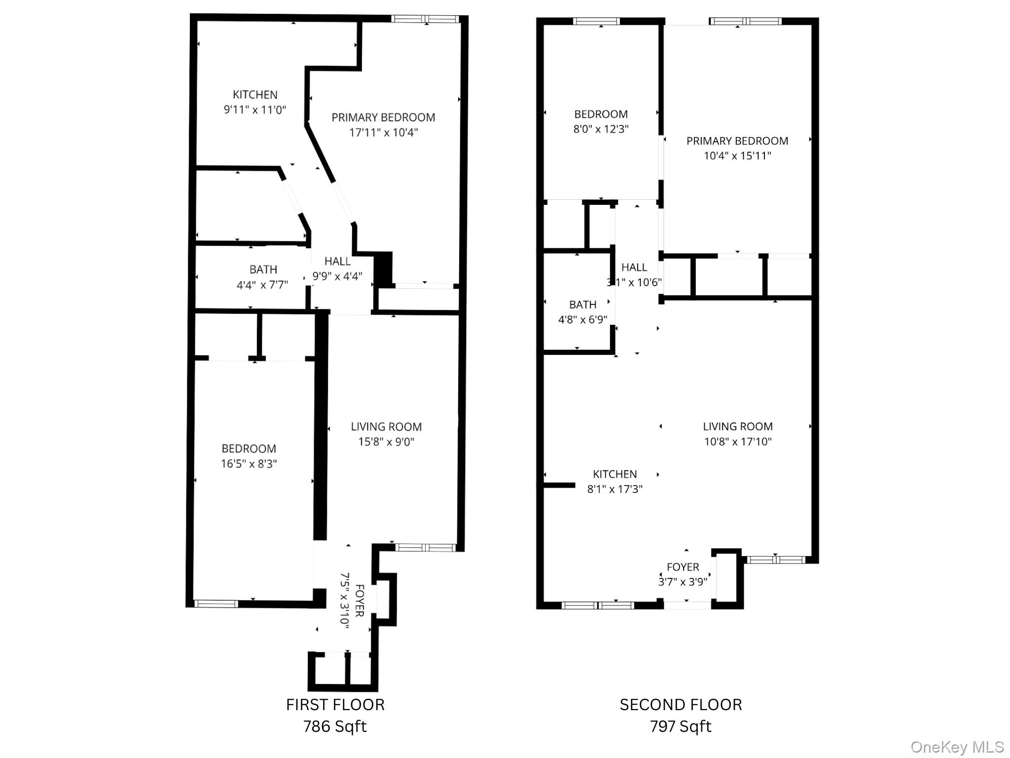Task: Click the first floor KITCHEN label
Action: pyautogui.click(x=255, y=94)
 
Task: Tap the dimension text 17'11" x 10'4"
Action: pyautogui.click(x=383, y=132)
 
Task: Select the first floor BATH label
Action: pyautogui.click(x=263, y=269)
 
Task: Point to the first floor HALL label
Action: pyautogui.click(x=337, y=261)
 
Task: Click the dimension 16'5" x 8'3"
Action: pyautogui.click(x=249, y=463)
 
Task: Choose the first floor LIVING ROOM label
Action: pyautogui.click(x=386, y=426)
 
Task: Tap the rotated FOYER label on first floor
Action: pyautogui.click(x=360, y=600)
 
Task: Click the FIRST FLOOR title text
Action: pyautogui.click(x=335, y=704)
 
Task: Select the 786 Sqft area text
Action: pyautogui.click(x=335, y=726)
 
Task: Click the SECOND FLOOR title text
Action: pyautogui.click(x=681, y=704)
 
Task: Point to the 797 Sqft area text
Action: pyautogui.click(x=681, y=726)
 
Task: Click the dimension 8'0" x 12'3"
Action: pyautogui.click(x=601, y=129)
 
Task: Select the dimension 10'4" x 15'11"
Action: pyautogui.click(x=737, y=155)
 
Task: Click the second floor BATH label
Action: pyautogui.click(x=582, y=304)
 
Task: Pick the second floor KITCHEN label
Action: pyautogui.click(x=614, y=474)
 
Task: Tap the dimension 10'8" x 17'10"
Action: pyautogui.click(x=737, y=441)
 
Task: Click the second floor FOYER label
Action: pyautogui.click(x=683, y=567)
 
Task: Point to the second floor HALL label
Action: pyautogui.click(x=634, y=267)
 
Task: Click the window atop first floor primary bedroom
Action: pyautogui.click(x=426, y=19)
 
